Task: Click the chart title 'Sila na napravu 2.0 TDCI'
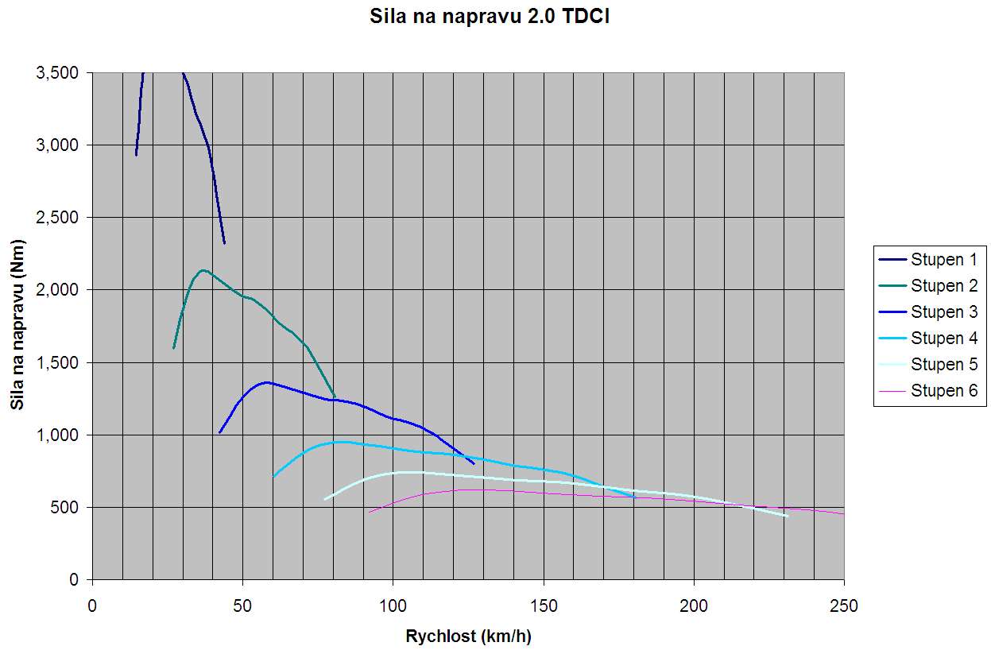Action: click(x=490, y=17)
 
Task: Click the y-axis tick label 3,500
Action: click(x=57, y=73)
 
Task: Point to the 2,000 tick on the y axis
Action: click(x=57, y=290)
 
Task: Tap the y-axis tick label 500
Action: click(x=64, y=508)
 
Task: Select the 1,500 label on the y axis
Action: click(x=57, y=363)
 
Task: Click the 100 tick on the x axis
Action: click(x=393, y=606)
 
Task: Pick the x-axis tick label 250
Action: click(x=844, y=606)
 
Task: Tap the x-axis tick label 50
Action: click(x=242, y=606)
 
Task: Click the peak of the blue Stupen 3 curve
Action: click(x=267, y=382)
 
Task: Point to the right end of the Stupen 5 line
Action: click(x=787, y=516)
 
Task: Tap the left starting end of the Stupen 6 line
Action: click(x=369, y=512)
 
